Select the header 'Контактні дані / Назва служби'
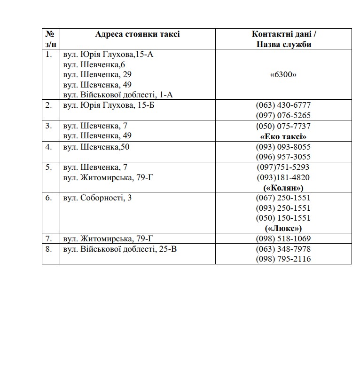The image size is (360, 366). pyautogui.click(x=283, y=39)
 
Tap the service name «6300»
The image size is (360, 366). pyautogui.click(x=283, y=75)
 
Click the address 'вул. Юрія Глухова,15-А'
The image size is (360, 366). pyautogui.click(x=108, y=55)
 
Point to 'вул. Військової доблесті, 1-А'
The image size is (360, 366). pyautogui.click(x=118, y=95)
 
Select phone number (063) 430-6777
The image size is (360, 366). pyautogui.click(x=283, y=105)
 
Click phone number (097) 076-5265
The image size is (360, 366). pyautogui.click(x=283, y=115)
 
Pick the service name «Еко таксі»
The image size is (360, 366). pyautogui.click(x=283, y=136)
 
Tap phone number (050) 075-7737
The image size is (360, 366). pyautogui.click(x=283, y=126)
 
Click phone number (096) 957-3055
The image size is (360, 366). pyautogui.click(x=283, y=157)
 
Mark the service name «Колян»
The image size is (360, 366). pyautogui.click(x=283, y=188)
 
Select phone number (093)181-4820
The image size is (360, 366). pyautogui.click(x=283, y=177)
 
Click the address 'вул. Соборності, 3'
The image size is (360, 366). pyautogui.click(x=97, y=198)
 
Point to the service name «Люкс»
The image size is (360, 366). pyautogui.click(x=283, y=228)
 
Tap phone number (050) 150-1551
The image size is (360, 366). pyautogui.click(x=283, y=218)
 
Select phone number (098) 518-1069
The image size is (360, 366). pyautogui.click(x=283, y=239)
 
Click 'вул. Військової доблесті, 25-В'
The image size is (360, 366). pyautogui.click(x=120, y=249)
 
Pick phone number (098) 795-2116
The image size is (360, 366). pyautogui.click(x=283, y=259)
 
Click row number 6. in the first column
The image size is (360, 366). pyautogui.click(x=49, y=198)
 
